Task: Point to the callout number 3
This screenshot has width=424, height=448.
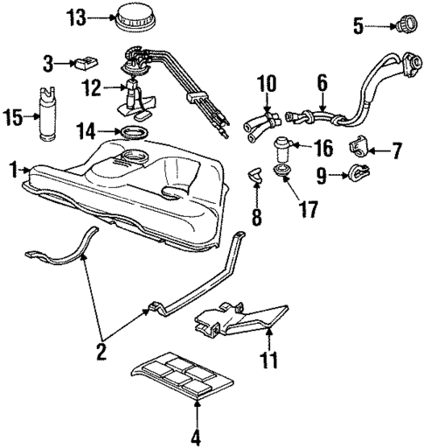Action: tap(358, 26)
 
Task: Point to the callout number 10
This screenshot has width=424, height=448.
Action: tap(266, 85)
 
